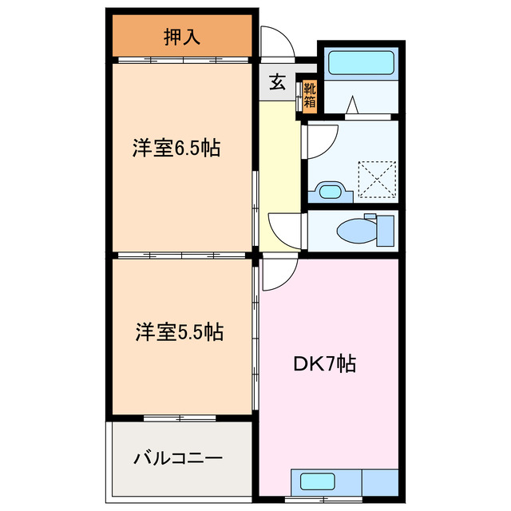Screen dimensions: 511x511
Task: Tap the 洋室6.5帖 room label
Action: pyautogui.click(x=176, y=149)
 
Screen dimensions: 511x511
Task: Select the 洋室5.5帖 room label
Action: pyautogui.click(x=178, y=331)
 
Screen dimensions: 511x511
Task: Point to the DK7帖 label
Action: pyautogui.click(x=325, y=363)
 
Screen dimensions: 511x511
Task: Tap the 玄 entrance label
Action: pyautogui.click(x=276, y=82)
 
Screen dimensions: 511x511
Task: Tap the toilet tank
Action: pyautogui.click(x=384, y=230)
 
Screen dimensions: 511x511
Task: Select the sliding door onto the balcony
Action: pyautogui.click(x=180, y=418)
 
